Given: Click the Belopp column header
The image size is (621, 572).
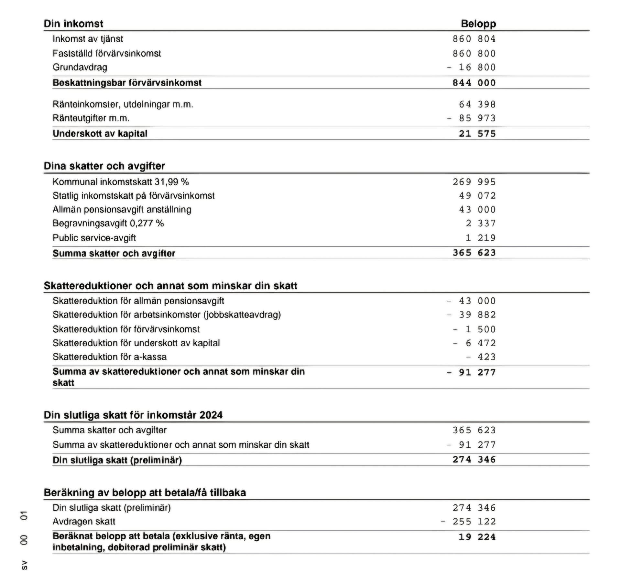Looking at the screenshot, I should (x=478, y=24).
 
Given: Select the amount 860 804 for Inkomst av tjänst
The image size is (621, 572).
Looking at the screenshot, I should (x=474, y=39).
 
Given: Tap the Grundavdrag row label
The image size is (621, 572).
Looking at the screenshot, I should (x=80, y=67).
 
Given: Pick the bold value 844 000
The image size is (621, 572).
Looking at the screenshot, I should (x=474, y=83).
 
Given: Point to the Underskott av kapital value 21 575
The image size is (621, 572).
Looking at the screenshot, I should (x=477, y=134).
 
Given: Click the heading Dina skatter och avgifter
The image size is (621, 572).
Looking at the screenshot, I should (x=104, y=166).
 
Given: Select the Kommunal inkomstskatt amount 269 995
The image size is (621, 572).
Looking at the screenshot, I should (x=474, y=182).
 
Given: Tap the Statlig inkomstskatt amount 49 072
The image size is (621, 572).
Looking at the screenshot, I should (x=477, y=196).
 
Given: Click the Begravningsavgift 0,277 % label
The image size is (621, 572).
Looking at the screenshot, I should (x=108, y=223).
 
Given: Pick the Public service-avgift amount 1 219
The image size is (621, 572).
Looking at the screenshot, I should (x=480, y=238).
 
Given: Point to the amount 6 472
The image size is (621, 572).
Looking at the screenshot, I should (x=480, y=343).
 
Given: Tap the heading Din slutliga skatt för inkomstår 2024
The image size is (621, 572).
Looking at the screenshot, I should (x=133, y=415).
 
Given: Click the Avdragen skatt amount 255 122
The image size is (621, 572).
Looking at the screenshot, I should (x=474, y=522).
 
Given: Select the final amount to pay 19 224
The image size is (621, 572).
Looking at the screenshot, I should (x=477, y=537).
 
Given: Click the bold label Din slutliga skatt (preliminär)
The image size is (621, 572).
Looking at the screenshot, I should (x=117, y=460).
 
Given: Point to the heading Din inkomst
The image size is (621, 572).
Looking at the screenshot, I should (x=73, y=24).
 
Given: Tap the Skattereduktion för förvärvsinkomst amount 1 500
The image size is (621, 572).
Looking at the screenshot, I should (x=480, y=329).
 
